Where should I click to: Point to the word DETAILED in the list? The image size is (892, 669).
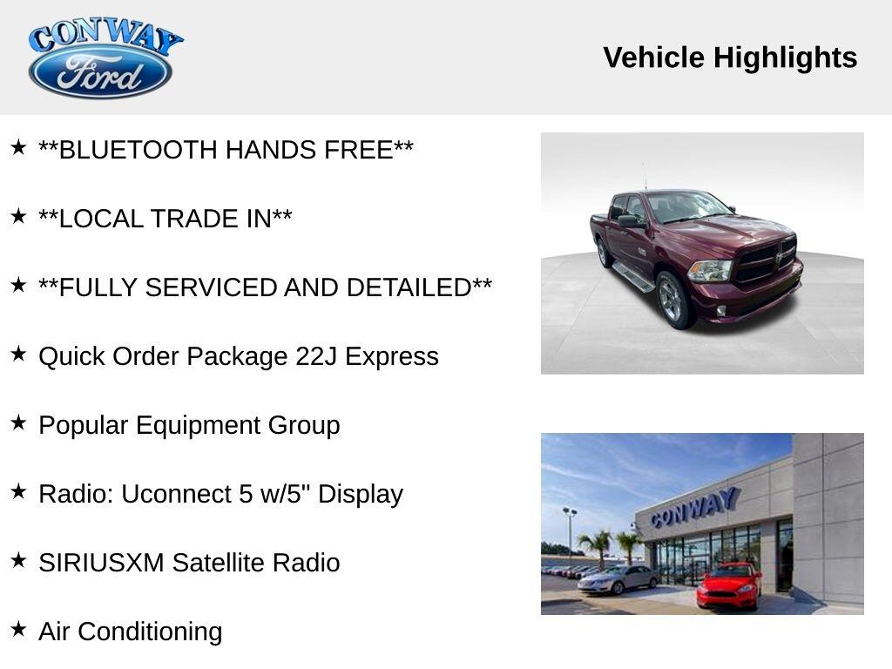pyautogui.click(x=409, y=287)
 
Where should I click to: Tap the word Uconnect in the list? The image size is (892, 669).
pyautogui.click(x=176, y=494)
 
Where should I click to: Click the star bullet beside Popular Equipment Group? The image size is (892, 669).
pyautogui.click(x=18, y=422)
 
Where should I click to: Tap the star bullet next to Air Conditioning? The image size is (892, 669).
pyautogui.click(x=18, y=629)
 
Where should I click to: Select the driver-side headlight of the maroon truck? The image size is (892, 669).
pyautogui.click(x=709, y=271)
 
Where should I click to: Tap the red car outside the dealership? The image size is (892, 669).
pyautogui.click(x=729, y=585)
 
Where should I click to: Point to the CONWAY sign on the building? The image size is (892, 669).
pyautogui.click(x=695, y=507)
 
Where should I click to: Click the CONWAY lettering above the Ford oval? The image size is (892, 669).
pyautogui.click(x=105, y=37)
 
